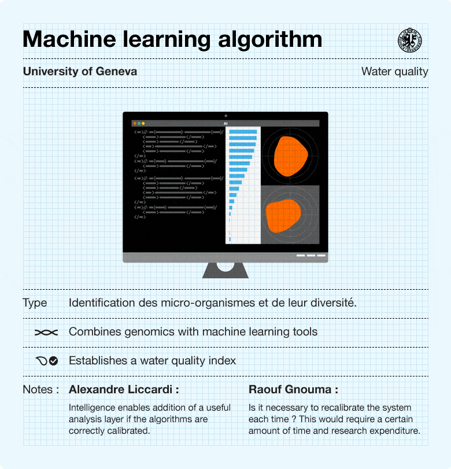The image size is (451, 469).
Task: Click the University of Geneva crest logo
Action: pos(410,40)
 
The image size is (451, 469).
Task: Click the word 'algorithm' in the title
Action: pos(270,40)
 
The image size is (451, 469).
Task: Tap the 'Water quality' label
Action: pos(394,72)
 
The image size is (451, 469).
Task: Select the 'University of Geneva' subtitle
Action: pos(80,71)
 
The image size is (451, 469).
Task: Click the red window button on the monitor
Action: pos(135,123)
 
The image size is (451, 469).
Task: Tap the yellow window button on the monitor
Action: pos(143,123)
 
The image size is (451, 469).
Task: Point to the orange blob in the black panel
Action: pos(291,156)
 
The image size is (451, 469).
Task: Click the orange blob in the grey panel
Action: pos(283,216)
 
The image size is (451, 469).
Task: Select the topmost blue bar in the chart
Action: pos(243,132)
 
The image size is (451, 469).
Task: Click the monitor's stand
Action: pos(226,271)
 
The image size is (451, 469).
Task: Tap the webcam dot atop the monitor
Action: pos(226,116)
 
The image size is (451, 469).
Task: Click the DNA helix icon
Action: pos(46,333)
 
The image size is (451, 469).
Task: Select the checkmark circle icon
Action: pos(54,361)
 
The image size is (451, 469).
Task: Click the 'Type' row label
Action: pos(35,303)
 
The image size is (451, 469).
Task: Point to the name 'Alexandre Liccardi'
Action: pos(120,389)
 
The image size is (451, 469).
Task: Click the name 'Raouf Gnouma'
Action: pos(290,389)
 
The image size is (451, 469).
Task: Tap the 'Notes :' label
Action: pos(41,389)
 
